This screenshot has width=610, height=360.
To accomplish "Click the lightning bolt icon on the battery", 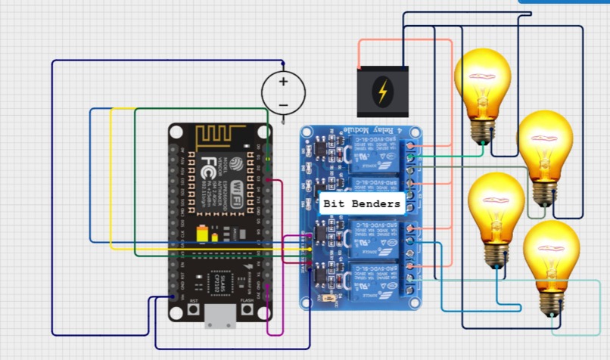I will pos(384,92).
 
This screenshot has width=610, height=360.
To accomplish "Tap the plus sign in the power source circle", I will pos(284,82).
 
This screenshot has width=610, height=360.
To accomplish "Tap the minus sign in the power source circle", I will pos(284,104).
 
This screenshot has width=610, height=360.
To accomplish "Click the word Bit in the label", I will pos(335,204).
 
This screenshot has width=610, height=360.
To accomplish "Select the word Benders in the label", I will pos(375,204).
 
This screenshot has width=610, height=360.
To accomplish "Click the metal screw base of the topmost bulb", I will pos(481,132).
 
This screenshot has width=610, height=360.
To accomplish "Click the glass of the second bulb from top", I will pos(545,144).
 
